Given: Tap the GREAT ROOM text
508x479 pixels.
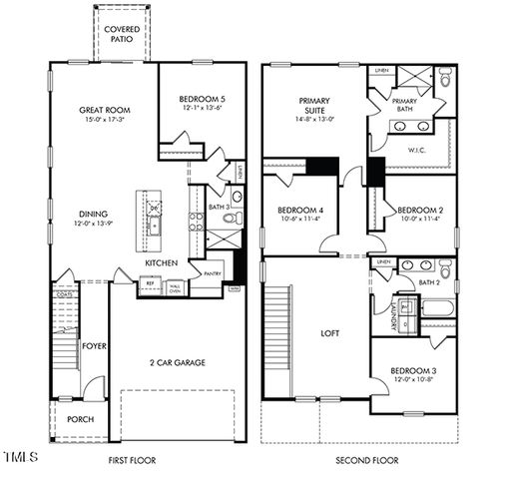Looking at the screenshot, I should tap(106, 111).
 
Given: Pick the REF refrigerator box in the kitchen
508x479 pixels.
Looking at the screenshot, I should tap(151, 283).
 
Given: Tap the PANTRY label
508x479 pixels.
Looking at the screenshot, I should tap(212, 273).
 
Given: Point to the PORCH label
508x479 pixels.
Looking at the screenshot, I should tap(80, 419).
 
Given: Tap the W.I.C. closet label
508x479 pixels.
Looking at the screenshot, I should tap(417, 152).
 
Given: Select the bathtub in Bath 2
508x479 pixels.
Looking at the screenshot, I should tap(437, 306).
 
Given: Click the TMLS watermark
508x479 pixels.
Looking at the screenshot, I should tap(20, 459).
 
